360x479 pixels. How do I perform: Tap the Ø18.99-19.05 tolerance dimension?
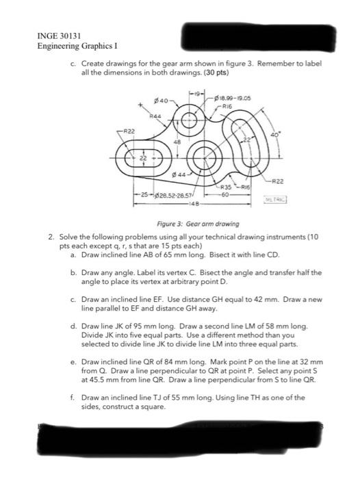(235, 99)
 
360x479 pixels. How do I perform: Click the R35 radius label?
(223, 187)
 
